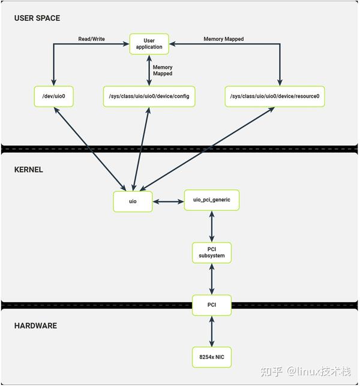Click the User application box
point(149,44)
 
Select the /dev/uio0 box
point(54,96)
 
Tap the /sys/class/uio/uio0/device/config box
point(149,96)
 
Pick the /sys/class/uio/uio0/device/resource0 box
point(275,96)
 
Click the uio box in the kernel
point(133,201)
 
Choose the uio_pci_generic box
point(212,200)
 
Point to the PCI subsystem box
point(212,252)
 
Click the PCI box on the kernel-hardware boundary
point(212,305)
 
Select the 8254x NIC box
point(212,357)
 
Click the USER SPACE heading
point(37,18)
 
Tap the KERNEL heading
point(29,170)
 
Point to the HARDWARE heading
point(35,325)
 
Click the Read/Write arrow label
point(91,39)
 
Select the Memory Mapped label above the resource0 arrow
point(223,39)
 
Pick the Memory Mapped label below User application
point(163,70)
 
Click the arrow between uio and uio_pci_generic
point(168,201)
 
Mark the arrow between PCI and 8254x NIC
point(212,331)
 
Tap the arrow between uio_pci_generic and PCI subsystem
point(212,227)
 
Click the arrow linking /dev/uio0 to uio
point(90,149)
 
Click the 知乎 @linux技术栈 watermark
point(305,371)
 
